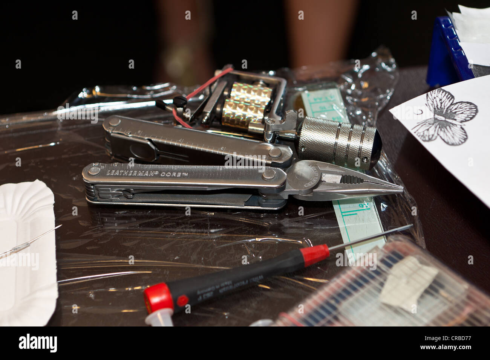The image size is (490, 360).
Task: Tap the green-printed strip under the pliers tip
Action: tap(358, 222)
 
